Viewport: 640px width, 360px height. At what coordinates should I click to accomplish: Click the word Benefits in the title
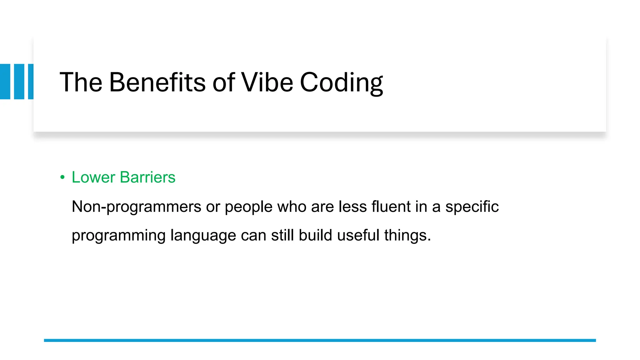point(157,82)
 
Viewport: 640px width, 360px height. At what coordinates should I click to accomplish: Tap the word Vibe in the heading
point(267,82)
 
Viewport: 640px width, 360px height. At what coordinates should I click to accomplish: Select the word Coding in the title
point(341,82)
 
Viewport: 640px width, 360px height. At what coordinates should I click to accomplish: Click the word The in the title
point(81,82)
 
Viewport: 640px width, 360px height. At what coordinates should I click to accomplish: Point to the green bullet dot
point(62,177)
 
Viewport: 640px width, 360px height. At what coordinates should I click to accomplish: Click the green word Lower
point(93,177)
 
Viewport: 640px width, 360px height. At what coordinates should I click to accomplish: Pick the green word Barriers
point(147,177)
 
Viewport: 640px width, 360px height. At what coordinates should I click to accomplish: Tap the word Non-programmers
point(137,207)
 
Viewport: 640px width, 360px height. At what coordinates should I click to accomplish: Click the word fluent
point(391,207)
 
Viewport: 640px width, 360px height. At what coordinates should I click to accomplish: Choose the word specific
point(472,207)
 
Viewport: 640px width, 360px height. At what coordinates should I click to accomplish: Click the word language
point(203,236)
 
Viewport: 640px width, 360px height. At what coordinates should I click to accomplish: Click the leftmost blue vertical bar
point(5,82)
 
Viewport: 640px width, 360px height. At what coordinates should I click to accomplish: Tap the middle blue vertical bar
point(19,82)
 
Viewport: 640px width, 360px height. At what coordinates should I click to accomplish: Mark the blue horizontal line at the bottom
point(320,340)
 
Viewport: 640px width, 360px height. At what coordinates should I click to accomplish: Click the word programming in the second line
point(118,236)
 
